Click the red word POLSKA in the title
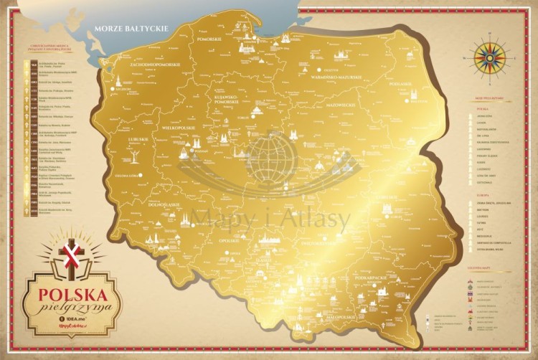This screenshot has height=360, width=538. (72, 294)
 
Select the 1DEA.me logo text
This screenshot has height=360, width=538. (75, 319)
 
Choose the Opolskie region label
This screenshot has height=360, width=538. (229, 240)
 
